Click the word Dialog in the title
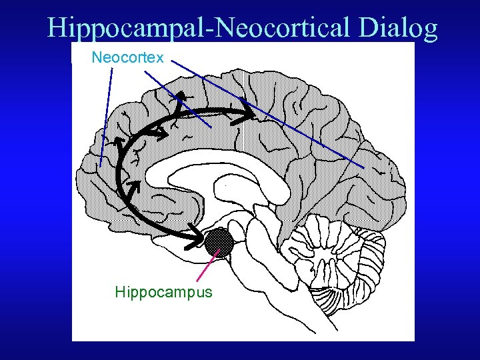click(397, 28)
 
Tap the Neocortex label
click(127, 58)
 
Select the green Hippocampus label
click(163, 292)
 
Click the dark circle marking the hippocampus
click(219, 241)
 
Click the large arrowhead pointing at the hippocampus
click(198, 237)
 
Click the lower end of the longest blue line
click(363, 166)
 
